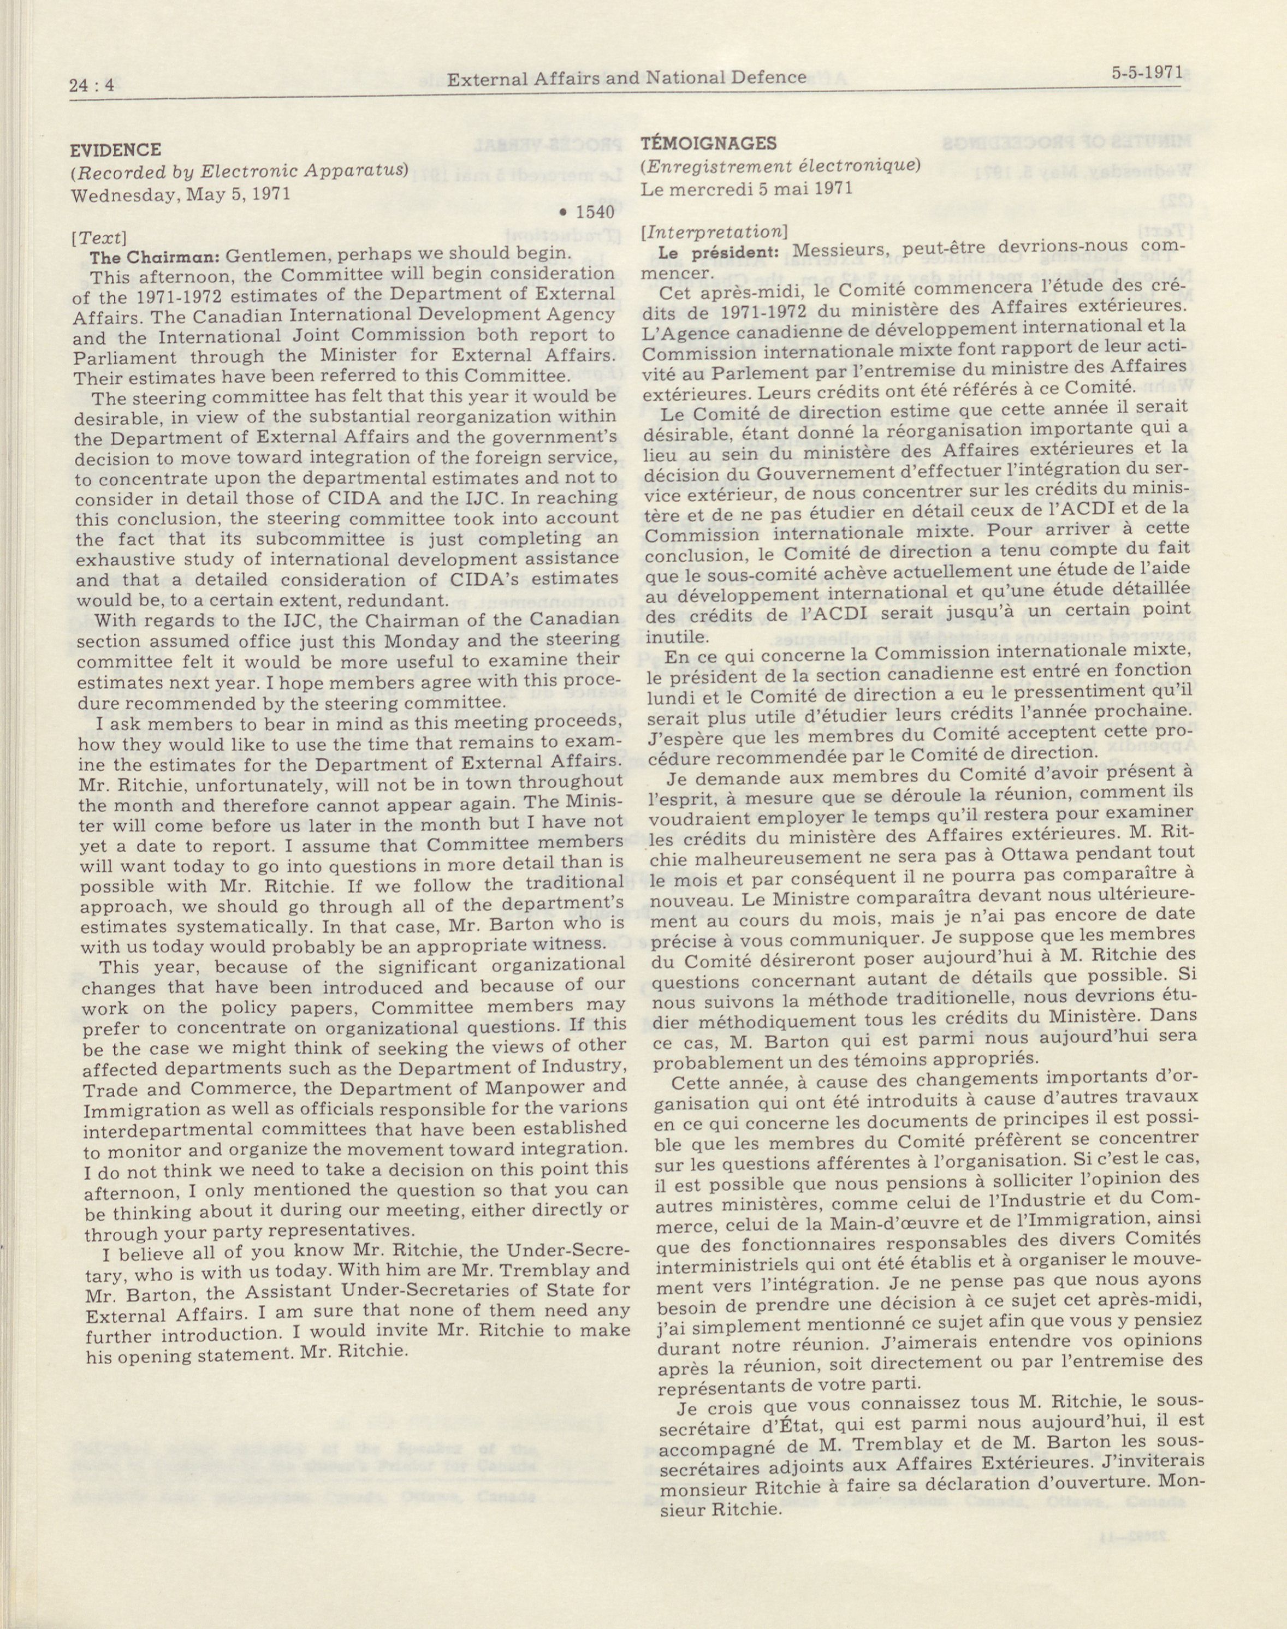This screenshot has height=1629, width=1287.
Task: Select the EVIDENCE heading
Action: pyautogui.click(x=115, y=149)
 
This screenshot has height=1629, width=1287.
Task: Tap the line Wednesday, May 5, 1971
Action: pyautogui.click(x=181, y=194)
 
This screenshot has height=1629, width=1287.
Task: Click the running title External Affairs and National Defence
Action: pyautogui.click(x=626, y=78)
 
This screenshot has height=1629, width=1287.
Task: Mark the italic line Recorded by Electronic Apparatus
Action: pyautogui.click(x=240, y=170)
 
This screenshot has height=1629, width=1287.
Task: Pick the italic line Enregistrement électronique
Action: pyautogui.click(x=780, y=165)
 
